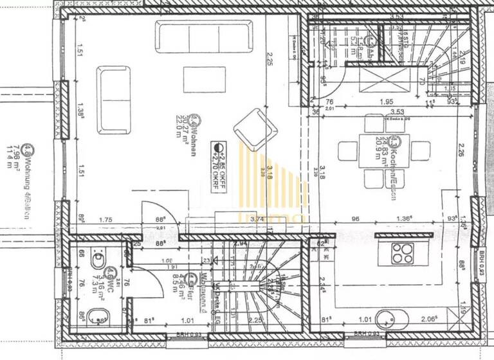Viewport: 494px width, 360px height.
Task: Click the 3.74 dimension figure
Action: [239, 219]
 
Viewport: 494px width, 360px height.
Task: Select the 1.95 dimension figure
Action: [386, 102]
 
